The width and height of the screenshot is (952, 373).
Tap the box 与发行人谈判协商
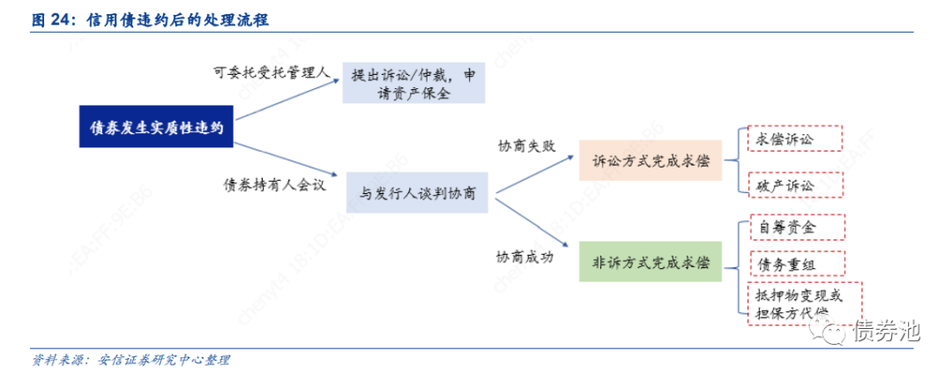click(x=417, y=193)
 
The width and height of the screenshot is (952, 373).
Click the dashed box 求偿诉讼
click(x=794, y=139)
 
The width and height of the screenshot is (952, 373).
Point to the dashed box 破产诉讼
click(x=794, y=185)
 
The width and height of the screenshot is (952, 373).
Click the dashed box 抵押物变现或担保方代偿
click(x=803, y=304)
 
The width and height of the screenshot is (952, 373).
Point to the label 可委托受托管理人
click(x=271, y=72)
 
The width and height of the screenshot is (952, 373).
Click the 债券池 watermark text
click(x=886, y=332)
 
